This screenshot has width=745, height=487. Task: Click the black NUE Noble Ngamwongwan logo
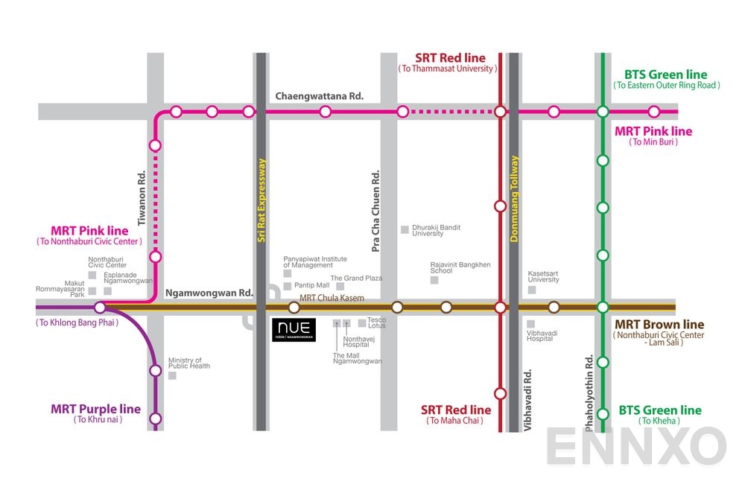(x=294, y=329)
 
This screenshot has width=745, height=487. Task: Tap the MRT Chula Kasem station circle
(x=294, y=307)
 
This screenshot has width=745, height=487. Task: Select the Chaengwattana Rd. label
(x=319, y=96)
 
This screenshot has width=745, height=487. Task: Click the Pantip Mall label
(x=311, y=285)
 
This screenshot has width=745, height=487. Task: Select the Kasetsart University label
(x=543, y=276)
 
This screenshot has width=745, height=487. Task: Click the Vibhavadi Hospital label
(x=540, y=335)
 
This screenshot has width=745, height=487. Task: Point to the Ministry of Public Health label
(x=188, y=363)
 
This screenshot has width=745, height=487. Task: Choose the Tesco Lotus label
(x=376, y=323)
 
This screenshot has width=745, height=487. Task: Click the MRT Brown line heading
(x=659, y=325)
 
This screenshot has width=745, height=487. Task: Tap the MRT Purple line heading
(x=95, y=409)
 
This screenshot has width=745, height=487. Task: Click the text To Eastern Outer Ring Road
(x=666, y=86)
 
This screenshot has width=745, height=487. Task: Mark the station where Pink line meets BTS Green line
(x=603, y=112)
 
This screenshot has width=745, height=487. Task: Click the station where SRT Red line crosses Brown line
(x=500, y=307)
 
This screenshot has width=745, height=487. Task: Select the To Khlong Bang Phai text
(x=77, y=322)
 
